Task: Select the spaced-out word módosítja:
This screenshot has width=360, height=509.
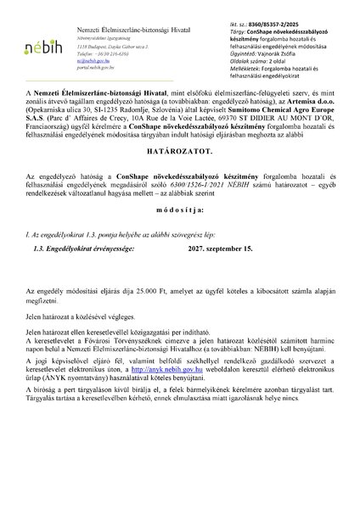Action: pos(180,232)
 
